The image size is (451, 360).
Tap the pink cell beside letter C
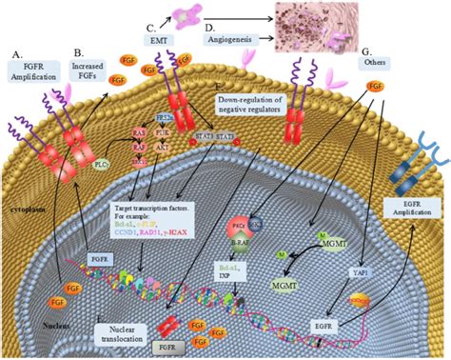click(x=181, y=14)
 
